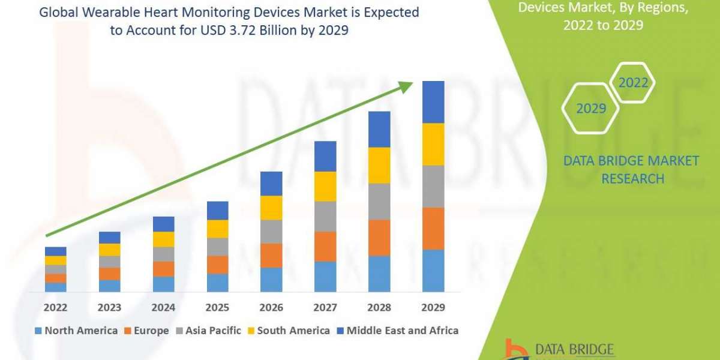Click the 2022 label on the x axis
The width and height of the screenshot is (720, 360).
point(55,308)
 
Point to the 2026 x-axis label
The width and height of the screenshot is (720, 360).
point(271,308)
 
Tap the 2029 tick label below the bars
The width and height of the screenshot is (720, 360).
point(433,308)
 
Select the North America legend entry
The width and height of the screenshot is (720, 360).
point(76,331)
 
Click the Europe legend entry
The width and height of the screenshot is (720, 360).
point(148,331)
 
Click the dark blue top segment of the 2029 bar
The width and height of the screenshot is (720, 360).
point(433,102)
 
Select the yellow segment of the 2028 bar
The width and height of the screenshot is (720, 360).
point(379,165)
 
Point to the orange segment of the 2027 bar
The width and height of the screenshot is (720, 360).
point(325,247)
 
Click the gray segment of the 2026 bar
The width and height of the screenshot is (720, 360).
point(271,232)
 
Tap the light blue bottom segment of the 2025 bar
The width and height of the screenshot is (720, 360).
point(217,283)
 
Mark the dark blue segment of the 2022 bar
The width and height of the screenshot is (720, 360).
point(55,251)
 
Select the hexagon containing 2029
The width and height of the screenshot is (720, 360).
point(590,109)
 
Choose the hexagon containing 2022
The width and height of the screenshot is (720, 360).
point(632,83)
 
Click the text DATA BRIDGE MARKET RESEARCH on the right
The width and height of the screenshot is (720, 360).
point(632,170)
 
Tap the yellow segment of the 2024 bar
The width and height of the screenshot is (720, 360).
point(163,239)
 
